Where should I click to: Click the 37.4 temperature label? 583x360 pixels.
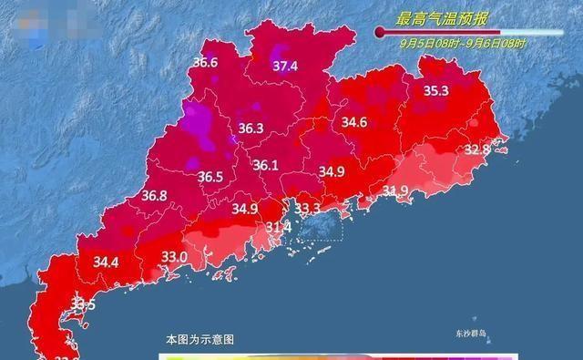pyautogui.click(x=286, y=66)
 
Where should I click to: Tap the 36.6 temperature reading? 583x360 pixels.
pyautogui.click(x=205, y=63)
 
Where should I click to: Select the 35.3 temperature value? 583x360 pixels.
pyautogui.click(x=436, y=90)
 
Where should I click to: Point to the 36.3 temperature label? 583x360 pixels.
pyautogui.click(x=251, y=129)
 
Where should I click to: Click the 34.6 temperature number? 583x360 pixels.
pyautogui.click(x=353, y=122)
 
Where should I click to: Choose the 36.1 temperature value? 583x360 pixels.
pyautogui.click(x=265, y=166)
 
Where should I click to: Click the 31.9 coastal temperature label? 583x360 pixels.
pyautogui.click(x=394, y=190)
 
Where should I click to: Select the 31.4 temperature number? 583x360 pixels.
pyautogui.click(x=277, y=226)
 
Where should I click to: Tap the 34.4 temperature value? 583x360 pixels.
pyautogui.click(x=107, y=262)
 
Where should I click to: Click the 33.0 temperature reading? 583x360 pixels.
pyautogui.click(x=174, y=258)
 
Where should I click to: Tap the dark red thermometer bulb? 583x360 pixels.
pyautogui.click(x=380, y=31)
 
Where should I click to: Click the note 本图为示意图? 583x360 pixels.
pyautogui.click(x=199, y=339)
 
